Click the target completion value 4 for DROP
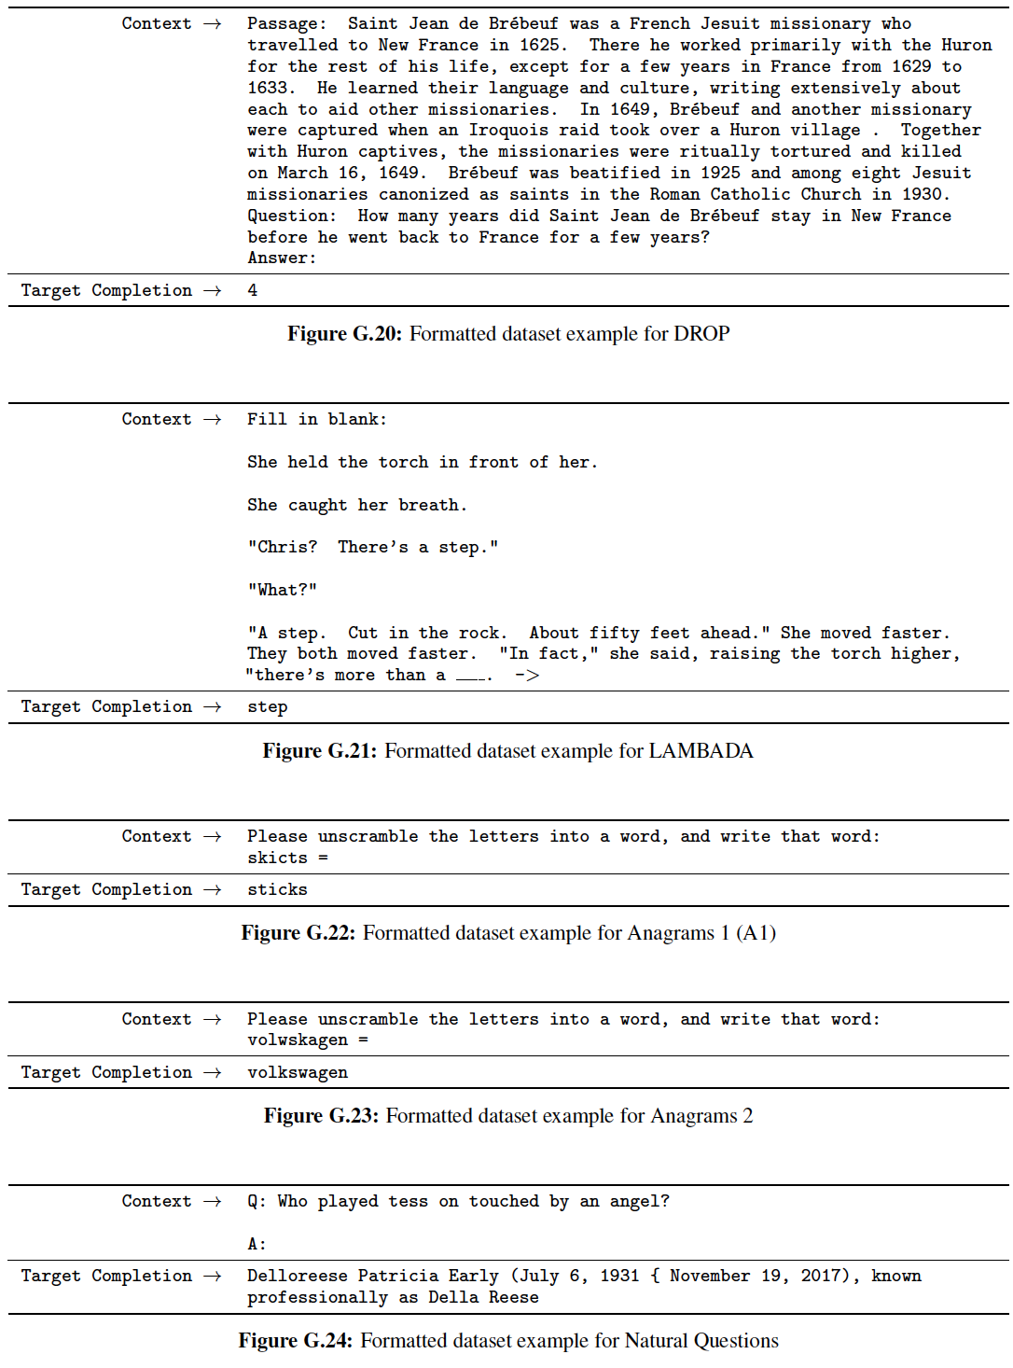tap(253, 290)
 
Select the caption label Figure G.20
tap(343, 334)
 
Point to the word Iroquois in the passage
tap(508, 130)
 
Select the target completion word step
tap(268, 706)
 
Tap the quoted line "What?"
tap(283, 590)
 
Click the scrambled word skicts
tap(277, 858)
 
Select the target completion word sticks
tap(277, 889)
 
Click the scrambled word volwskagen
tap(298, 1040)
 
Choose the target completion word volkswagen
tap(298, 1072)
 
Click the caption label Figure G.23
tap(321, 1116)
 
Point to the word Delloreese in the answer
tap(298, 1276)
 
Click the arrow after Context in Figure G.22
tap(213, 836)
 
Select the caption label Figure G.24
tap(295, 1341)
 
